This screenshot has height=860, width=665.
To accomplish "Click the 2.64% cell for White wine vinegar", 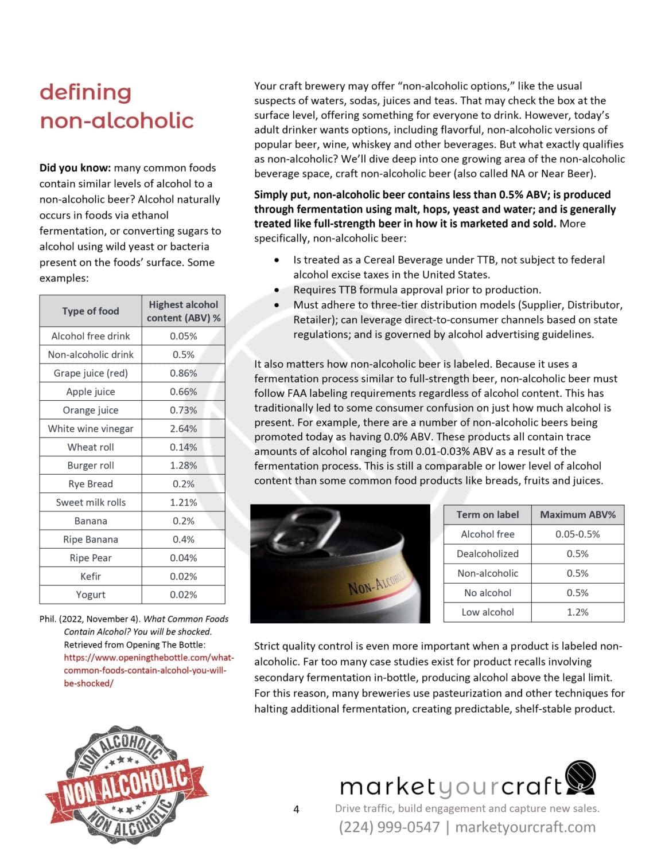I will (x=183, y=428).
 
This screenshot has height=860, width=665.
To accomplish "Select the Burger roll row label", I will (x=91, y=465).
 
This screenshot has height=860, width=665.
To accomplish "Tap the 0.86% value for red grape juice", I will (x=183, y=373).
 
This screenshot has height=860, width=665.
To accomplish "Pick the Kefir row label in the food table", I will (x=91, y=576).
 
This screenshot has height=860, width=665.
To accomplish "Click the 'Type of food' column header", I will (x=91, y=311).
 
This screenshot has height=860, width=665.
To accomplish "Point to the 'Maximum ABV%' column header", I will (x=577, y=514).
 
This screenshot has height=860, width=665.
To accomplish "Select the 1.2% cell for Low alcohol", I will (x=577, y=612).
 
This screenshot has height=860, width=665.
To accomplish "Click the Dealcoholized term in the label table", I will (x=487, y=553).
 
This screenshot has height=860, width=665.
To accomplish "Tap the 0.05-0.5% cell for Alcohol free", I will (x=577, y=534).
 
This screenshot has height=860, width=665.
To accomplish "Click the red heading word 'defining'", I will (x=85, y=92).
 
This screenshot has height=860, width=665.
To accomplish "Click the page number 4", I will (x=296, y=809).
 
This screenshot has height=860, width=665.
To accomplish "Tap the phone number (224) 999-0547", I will (x=389, y=827).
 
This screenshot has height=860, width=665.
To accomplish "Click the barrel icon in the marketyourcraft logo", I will (x=580, y=777).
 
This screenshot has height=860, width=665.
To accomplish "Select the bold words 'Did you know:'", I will (x=75, y=167).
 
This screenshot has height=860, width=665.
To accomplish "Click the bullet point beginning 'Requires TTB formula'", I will (x=417, y=290).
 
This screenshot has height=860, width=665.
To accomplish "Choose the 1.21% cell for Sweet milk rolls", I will (x=183, y=502).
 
